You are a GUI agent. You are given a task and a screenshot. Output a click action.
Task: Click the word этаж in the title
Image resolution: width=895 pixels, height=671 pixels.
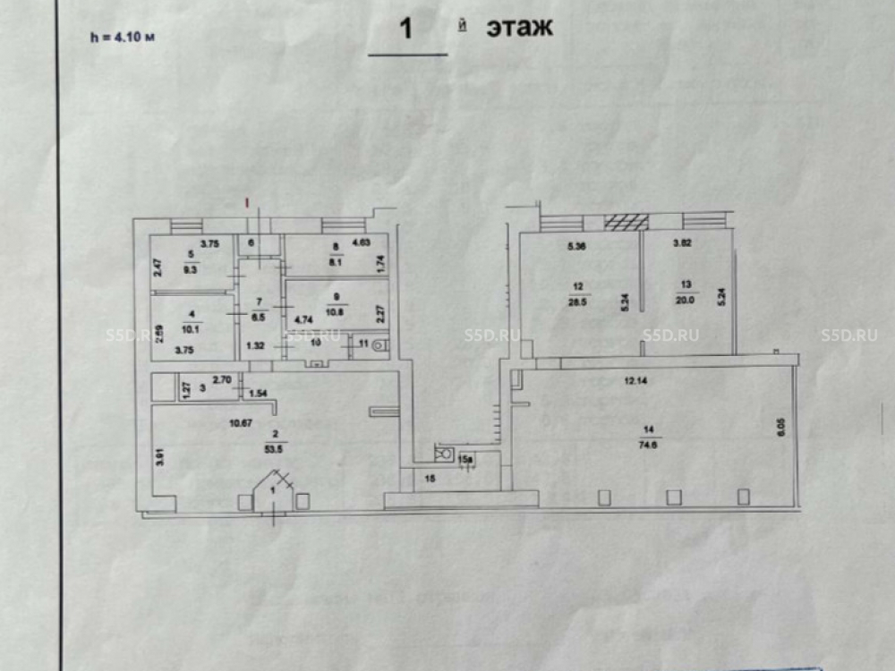(519, 28)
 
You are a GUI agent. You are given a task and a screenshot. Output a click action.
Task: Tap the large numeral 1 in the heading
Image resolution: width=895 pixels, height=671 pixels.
(405, 30)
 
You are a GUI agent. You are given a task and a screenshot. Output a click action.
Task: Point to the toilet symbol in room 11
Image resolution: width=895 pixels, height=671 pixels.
(379, 344)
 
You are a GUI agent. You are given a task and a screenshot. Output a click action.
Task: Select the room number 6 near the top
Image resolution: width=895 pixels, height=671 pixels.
(251, 242)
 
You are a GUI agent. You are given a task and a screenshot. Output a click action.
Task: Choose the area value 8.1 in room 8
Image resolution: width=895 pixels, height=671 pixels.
(334, 264)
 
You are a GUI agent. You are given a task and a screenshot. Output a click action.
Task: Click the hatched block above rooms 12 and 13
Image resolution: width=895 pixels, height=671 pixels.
(626, 222)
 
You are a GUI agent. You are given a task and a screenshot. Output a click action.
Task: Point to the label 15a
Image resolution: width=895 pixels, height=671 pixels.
(465, 459)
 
